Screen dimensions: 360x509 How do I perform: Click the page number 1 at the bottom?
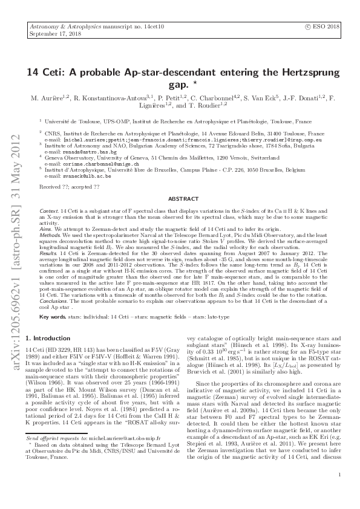tap(342, 491)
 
